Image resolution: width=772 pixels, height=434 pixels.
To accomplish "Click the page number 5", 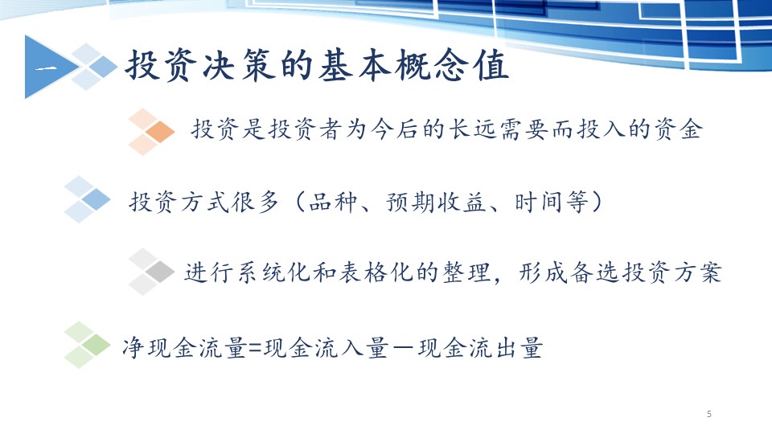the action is coord(709,414).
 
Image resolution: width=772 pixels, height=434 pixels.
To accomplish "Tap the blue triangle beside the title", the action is coord(47,67).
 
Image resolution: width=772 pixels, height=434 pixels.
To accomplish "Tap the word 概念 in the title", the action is coord(431,65).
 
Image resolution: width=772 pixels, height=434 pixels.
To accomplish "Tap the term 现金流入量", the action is coord(326,348).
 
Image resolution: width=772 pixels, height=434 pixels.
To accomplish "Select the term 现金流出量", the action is coord(481,348).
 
